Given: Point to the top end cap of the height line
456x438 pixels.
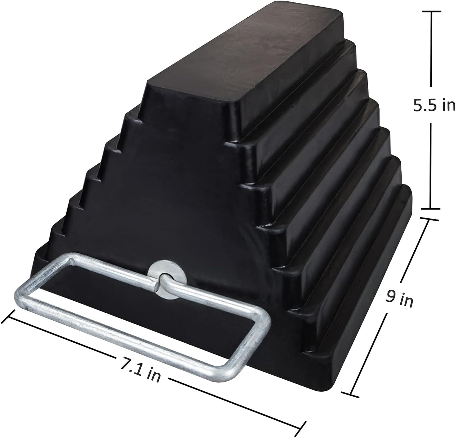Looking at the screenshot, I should (431, 12).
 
